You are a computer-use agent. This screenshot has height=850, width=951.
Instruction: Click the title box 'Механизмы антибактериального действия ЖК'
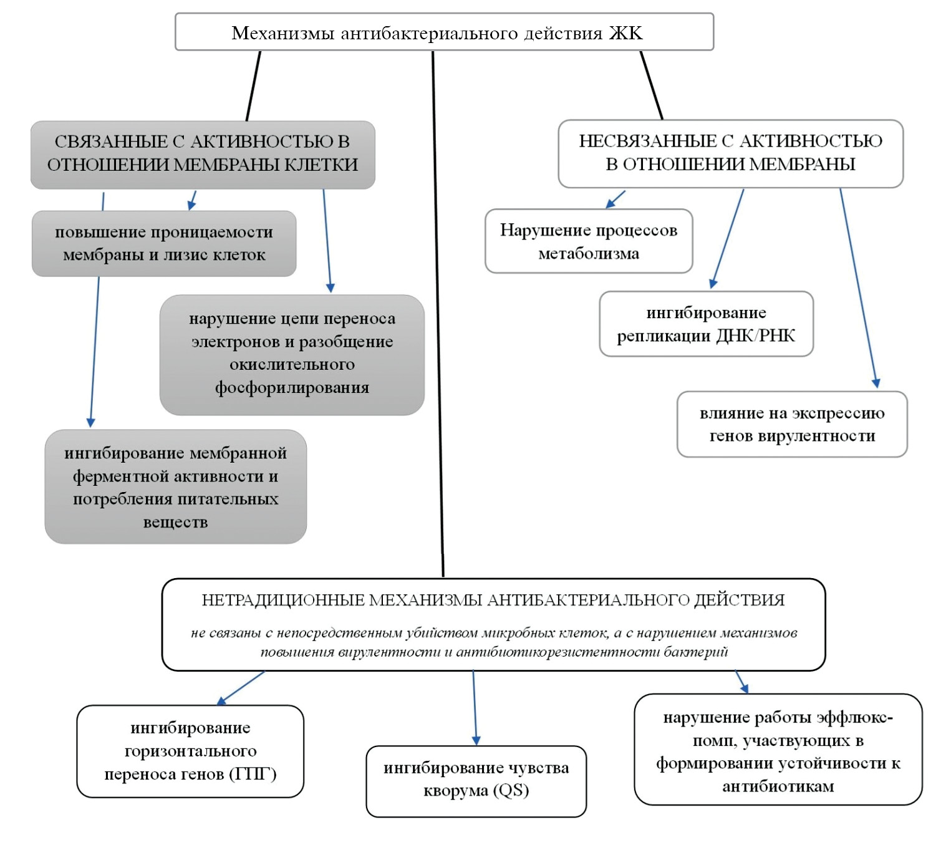[444, 32]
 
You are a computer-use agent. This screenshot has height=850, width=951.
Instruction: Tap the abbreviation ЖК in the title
[625, 33]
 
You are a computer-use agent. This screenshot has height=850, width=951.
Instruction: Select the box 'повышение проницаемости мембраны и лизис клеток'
[164, 244]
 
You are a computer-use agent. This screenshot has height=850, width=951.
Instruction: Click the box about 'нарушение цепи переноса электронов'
[292, 354]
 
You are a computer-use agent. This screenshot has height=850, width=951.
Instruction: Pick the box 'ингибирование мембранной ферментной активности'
[175, 486]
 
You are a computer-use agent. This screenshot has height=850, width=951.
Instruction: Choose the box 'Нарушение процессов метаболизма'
[589, 241]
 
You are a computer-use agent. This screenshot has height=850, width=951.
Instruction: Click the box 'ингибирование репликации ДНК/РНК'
[706, 324]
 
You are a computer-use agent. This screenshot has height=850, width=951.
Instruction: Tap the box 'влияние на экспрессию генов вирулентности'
[792, 425]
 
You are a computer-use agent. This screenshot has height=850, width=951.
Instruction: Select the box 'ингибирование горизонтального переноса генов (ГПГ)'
[190, 751]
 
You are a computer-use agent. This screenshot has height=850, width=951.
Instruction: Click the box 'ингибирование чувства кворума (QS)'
[476, 780]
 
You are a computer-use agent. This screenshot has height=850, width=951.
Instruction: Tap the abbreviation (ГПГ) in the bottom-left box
[253, 775]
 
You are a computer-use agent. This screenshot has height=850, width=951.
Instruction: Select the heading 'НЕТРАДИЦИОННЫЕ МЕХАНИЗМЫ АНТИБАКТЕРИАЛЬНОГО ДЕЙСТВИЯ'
[493, 600]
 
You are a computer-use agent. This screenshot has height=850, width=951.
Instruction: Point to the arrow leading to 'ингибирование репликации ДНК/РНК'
[728, 239]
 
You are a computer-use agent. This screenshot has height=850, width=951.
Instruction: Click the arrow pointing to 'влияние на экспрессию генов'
[858, 287]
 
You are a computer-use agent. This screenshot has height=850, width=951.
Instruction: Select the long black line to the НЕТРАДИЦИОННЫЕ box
[438, 312]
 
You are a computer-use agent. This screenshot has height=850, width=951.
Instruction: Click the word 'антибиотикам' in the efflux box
[778, 786]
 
